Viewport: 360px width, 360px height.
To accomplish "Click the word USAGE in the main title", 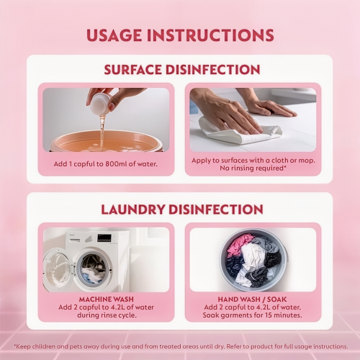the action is (x=114, y=35).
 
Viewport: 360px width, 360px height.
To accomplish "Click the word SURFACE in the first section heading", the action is (x=132, y=70).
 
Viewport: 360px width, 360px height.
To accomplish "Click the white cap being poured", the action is (x=101, y=102).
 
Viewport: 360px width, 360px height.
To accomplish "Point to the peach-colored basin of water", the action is (x=107, y=141).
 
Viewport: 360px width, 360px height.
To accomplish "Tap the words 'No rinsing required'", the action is (x=252, y=168).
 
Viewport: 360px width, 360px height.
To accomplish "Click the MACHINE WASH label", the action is (x=107, y=300).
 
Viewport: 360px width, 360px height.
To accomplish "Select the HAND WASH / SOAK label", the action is (x=252, y=300).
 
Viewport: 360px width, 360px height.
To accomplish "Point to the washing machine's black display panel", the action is (x=104, y=238).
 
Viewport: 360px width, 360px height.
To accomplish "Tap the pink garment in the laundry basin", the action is (x=239, y=245).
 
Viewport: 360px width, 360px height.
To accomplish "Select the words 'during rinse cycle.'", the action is (x=107, y=315).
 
